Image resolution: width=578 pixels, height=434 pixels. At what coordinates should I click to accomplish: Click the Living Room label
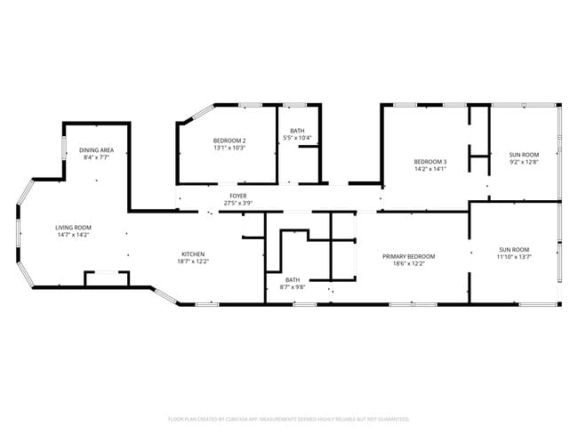(x=74, y=228)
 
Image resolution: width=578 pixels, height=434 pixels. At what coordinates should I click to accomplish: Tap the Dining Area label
(x=95, y=150)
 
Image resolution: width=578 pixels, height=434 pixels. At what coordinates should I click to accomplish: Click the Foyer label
(x=237, y=196)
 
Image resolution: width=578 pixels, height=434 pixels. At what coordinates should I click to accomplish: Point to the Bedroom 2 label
(x=229, y=141)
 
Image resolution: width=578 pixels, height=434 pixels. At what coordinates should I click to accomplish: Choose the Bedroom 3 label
(x=430, y=161)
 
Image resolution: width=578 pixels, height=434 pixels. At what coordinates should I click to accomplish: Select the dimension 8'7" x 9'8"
(x=293, y=286)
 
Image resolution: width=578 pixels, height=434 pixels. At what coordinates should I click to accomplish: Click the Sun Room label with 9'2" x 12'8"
(x=524, y=154)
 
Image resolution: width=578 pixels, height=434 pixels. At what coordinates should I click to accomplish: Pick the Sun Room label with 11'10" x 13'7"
(x=514, y=249)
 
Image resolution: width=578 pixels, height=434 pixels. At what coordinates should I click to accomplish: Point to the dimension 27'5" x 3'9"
(x=237, y=203)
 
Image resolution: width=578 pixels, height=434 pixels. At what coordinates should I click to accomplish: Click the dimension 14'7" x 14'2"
(x=74, y=235)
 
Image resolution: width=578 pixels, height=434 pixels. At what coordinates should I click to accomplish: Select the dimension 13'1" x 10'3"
(x=229, y=148)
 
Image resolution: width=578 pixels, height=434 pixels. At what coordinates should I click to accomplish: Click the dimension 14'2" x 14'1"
(x=430, y=168)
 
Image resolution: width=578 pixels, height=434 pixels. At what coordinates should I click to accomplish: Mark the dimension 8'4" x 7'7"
(x=95, y=157)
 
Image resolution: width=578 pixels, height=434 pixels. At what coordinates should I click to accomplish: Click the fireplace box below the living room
(x=106, y=279)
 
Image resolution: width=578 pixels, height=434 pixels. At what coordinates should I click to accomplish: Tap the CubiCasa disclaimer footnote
(x=288, y=418)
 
